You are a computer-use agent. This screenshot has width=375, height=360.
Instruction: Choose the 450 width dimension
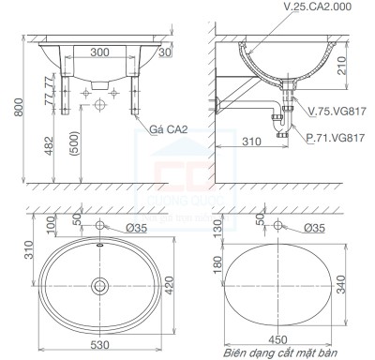[x=279, y=338]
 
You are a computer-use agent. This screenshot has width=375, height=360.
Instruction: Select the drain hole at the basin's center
[x=100, y=283]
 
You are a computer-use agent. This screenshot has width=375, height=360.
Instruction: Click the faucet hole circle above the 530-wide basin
[x=100, y=227]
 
